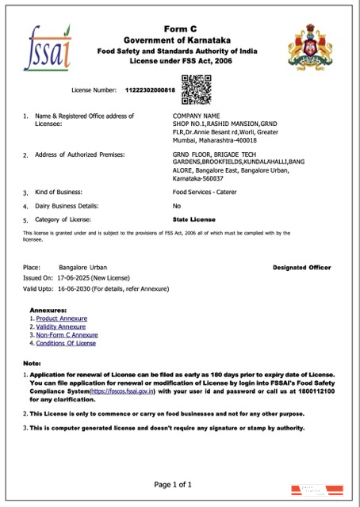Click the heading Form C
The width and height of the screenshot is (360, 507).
[x=179, y=29]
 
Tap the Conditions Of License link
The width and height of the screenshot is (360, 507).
[x=66, y=343]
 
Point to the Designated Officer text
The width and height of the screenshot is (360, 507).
[x=301, y=268]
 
